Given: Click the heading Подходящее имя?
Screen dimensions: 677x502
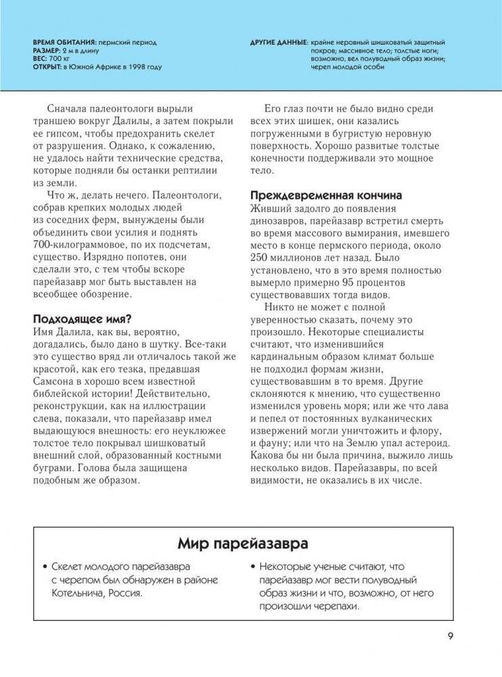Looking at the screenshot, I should point(82,319).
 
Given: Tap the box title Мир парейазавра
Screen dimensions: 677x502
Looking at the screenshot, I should point(243,543).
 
